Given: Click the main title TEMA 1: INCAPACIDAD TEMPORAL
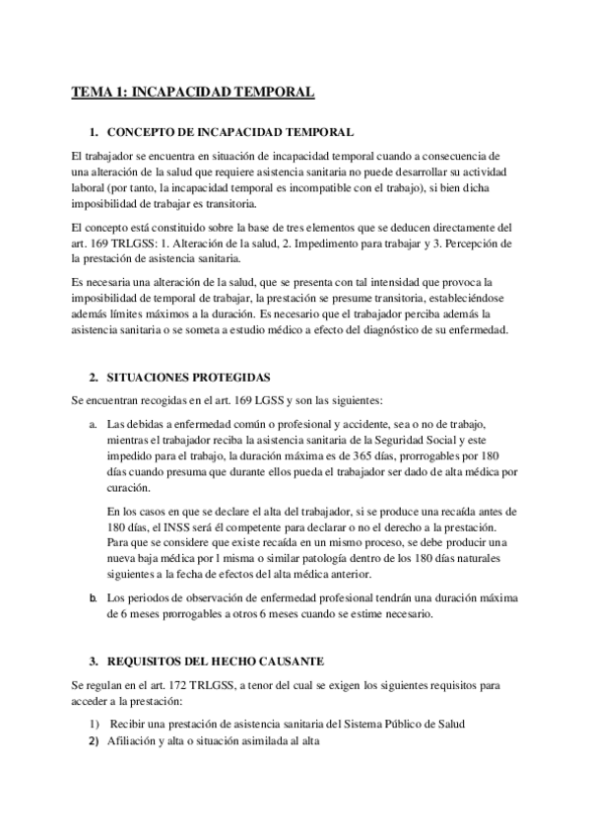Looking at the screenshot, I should tap(193, 93).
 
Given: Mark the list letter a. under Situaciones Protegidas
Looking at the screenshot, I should tap(93, 425).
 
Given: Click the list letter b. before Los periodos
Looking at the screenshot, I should tap(93, 598).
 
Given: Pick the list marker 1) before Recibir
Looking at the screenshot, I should tap(93, 725).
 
